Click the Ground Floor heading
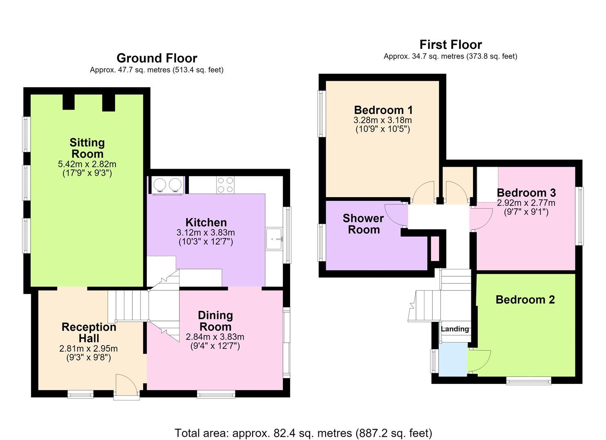157,58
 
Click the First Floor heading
451,44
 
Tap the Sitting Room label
87,148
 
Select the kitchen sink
274,239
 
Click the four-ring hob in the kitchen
225,185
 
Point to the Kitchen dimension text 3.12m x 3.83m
206,232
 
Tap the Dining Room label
215,321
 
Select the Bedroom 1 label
383,110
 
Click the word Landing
455,329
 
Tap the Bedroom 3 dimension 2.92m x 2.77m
526,202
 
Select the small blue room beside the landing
453,359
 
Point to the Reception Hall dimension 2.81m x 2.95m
89,348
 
